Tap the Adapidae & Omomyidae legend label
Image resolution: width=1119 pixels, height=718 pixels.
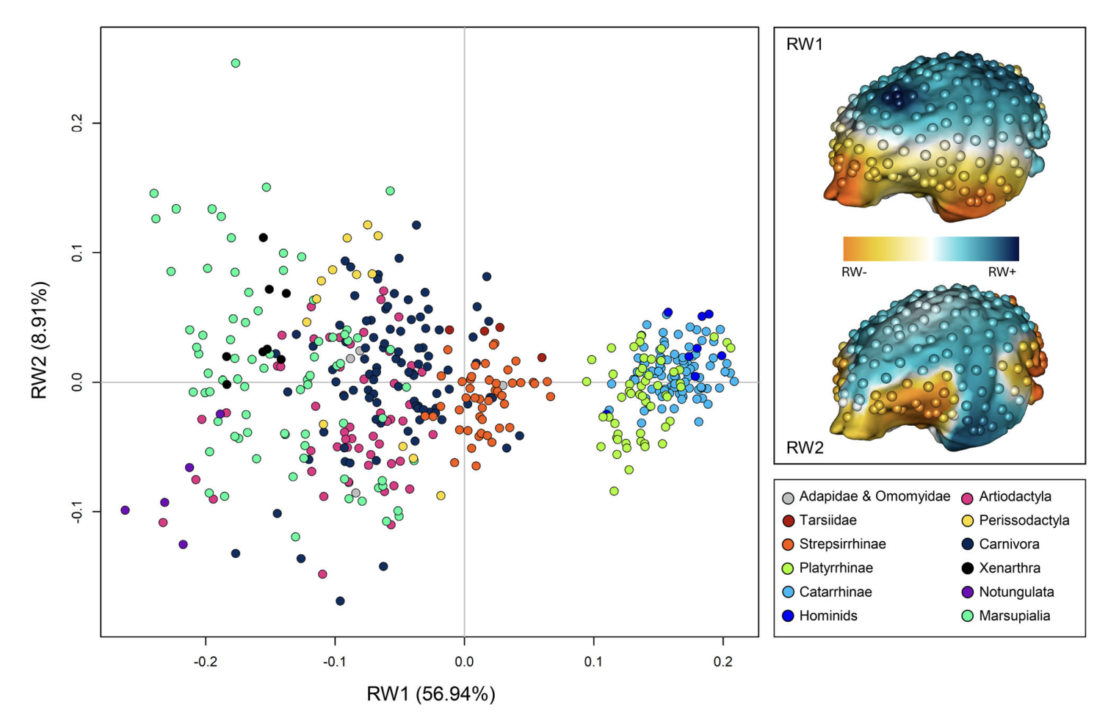click(x=874, y=497)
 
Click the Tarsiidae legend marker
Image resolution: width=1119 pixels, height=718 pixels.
click(x=788, y=521)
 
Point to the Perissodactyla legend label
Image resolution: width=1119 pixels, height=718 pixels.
click(x=1024, y=521)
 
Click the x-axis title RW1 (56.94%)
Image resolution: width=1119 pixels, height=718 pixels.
click(x=430, y=694)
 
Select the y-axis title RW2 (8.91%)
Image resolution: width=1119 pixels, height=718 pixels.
click(x=40, y=339)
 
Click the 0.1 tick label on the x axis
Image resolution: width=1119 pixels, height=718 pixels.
click(x=593, y=662)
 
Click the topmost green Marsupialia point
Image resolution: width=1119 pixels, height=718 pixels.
click(x=236, y=63)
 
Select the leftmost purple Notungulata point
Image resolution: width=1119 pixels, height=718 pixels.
click(x=125, y=510)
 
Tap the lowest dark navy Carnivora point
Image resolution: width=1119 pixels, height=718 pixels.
click(x=340, y=601)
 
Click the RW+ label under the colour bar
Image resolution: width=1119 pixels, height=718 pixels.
click(x=1002, y=272)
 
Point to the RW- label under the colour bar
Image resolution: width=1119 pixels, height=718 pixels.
click(x=854, y=272)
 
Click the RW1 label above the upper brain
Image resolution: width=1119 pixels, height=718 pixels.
click(x=805, y=44)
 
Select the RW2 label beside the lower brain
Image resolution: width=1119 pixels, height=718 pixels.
click(x=805, y=448)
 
